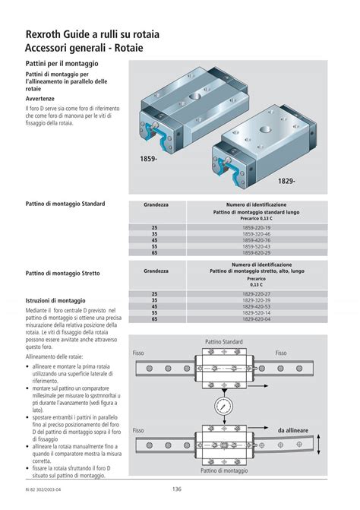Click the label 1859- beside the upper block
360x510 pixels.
148,159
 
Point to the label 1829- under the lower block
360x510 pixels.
286,182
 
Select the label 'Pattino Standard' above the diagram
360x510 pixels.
223,343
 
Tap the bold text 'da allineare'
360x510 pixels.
293,430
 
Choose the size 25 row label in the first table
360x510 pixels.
155,227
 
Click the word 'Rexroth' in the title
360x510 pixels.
46,34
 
